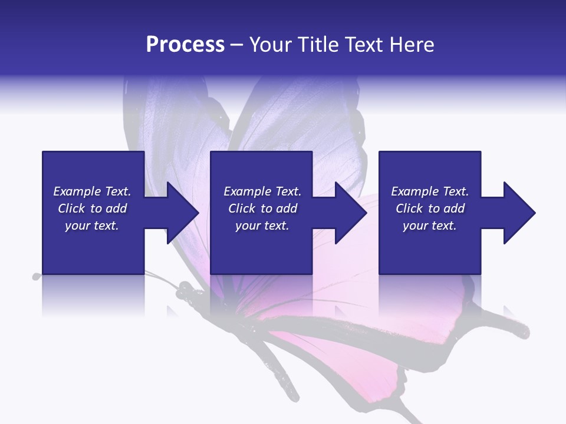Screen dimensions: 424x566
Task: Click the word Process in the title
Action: point(185,45)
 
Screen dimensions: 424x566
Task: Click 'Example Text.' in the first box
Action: point(92,191)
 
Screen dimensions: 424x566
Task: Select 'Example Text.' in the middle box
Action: point(262,191)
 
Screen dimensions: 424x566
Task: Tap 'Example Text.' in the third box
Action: point(430,191)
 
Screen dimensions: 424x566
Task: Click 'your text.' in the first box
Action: point(92,226)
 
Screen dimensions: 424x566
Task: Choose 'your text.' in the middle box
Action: point(262,226)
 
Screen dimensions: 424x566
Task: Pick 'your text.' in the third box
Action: point(430,226)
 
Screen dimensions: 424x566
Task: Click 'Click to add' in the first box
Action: point(92,208)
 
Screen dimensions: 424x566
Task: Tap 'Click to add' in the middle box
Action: point(262,208)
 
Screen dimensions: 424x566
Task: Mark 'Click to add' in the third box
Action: point(430,208)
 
